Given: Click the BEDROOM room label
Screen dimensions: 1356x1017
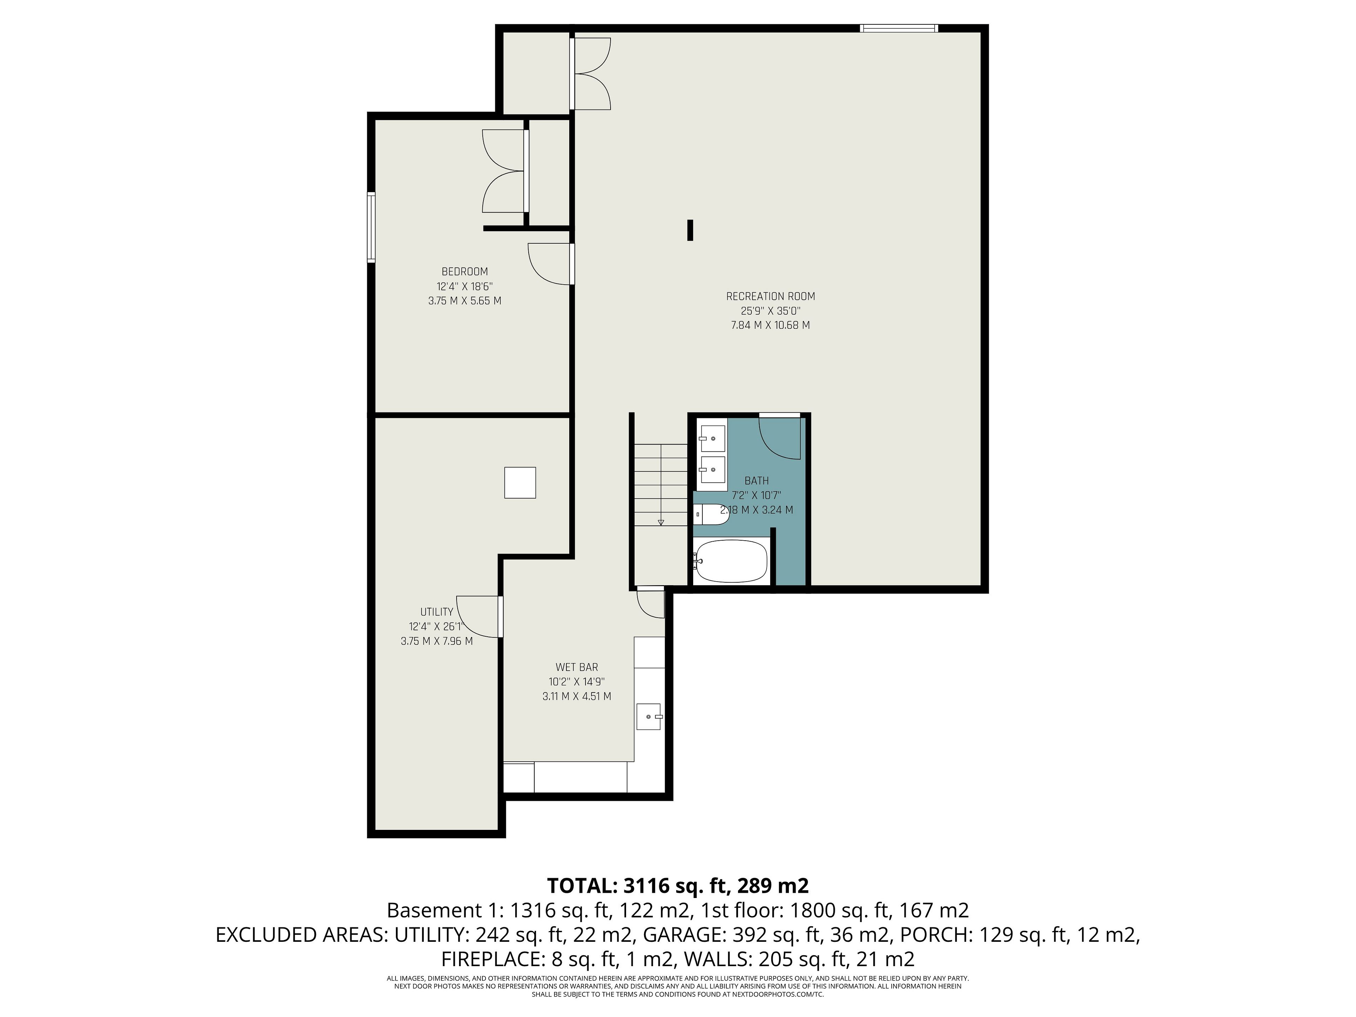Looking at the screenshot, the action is pyautogui.click(x=465, y=272).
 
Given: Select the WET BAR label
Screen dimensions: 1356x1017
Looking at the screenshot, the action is pyautogui.click(x=577, y=667).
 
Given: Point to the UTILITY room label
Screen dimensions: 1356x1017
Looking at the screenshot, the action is pyautogui.click(x=436, y=612).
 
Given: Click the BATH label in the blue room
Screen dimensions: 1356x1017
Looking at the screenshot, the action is pyautogui.click(x=756, y=481).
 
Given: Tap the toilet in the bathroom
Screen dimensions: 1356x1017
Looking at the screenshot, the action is pyautogui.click(x=711, y=514).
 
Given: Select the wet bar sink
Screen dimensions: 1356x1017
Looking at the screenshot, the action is pyautogui.click(x=649, y=716).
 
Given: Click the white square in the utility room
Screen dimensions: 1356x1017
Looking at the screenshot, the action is pyautogui.click(x=520, y=482).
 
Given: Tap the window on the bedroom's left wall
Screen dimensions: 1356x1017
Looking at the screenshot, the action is pyautogui.click(x=371, y=227).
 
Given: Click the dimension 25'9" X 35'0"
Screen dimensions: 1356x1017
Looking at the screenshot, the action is pyautogui.click(x=771, y=311).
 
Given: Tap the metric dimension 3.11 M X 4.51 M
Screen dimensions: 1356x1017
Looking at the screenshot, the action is pyautogui.click(x=577, y=696).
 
